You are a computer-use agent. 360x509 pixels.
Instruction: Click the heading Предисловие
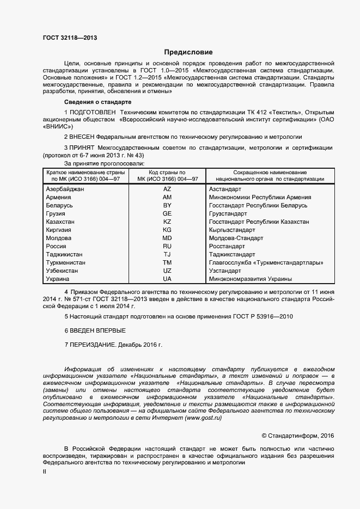(188, 53)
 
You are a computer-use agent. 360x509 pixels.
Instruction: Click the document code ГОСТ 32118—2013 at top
(70, 38)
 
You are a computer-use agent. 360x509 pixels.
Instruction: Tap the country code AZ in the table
(167, 189)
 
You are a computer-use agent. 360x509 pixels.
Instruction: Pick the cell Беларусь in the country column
(60, 205)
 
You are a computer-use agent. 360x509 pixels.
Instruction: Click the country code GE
(167, 213)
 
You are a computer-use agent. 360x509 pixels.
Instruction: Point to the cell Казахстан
(62, 222)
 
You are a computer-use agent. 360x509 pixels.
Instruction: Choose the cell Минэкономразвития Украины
(250, 279)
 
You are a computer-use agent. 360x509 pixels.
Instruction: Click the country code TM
(167, 262)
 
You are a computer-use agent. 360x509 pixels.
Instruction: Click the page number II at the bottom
(44, 473)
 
